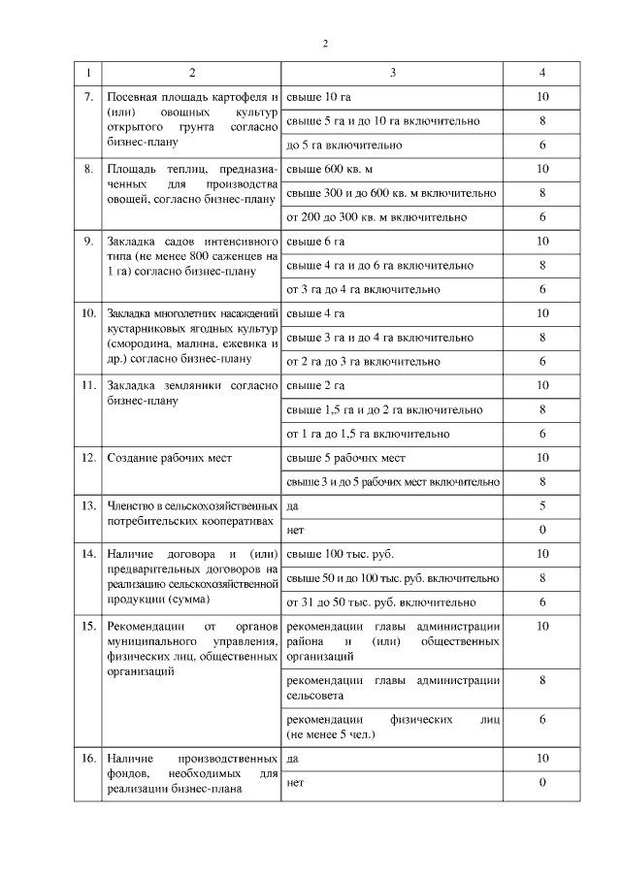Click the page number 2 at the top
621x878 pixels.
tap(325, 43)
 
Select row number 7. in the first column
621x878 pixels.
tap(88, 98)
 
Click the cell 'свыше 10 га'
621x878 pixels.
tap(317, 98)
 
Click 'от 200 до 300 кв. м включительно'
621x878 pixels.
tap(376, 216)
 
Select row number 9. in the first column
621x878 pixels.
tap(88, 241)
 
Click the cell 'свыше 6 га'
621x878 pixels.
tap(314, 241)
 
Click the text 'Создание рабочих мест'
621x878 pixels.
tap(170, 457)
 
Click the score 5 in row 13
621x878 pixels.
tap(542, 504)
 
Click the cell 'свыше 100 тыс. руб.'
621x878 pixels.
tap(336, 553)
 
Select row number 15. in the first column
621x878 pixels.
tap(88, 626)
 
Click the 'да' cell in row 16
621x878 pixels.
tap(293, 759)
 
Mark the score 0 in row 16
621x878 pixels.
tap(542, 782)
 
